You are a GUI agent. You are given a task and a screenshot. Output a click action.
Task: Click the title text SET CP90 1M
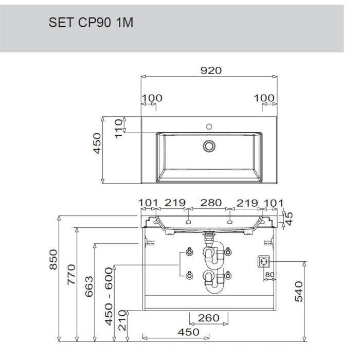pos(91,23)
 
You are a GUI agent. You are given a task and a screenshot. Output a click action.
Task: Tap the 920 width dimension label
pos(211,70)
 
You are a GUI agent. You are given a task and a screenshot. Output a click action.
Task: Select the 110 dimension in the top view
pos(119,129)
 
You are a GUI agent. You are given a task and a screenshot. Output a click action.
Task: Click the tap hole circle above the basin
pos(209,127)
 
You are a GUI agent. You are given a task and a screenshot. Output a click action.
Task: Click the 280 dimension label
pos(211,203)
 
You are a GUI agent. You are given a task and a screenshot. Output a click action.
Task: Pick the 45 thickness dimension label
pos(289,219)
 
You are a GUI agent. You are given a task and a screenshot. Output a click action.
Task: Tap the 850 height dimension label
pos(53,259)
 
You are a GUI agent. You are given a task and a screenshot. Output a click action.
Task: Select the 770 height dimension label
pos(71,275)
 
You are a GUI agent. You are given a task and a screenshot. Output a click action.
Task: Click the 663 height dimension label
pos(89,286)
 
